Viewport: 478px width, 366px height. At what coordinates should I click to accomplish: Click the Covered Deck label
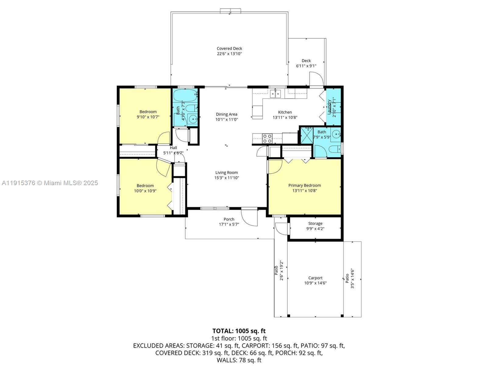(x=229, y=48)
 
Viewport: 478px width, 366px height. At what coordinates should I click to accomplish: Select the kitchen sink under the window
(x=275, y=94)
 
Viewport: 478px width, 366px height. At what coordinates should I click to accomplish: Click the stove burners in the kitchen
(x=267, y=138)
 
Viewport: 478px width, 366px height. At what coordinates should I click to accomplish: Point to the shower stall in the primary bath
(x=307, y=135)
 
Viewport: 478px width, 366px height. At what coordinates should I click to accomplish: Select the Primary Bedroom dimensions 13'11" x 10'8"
(x=304, y=191)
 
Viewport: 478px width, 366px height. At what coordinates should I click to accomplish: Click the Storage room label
(x=315, y=224)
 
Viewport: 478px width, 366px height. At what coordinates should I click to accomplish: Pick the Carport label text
(x=315, y=278)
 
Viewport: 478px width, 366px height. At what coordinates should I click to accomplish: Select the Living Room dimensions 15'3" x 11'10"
(x=226, y=178)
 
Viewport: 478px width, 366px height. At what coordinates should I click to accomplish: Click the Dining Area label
(x=226, y=114)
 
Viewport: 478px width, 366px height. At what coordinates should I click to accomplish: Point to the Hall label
(x=173, y=148)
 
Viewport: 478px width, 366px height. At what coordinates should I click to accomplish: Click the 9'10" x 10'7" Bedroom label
(x=148, y=112)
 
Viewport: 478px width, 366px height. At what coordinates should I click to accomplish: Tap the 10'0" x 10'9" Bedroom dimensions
(x=145, y=191)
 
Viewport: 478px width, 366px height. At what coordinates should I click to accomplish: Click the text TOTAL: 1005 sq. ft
(x=239, y=331)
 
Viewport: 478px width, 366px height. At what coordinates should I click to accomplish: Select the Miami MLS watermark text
(x=50, y=183)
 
